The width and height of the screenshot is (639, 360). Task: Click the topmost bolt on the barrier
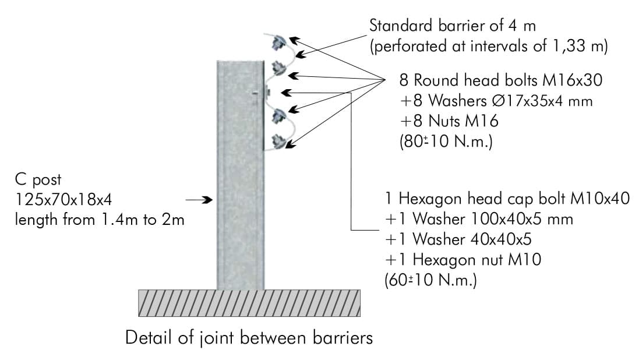tap(279, 43)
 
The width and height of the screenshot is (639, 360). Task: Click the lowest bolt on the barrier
tap(279, 142)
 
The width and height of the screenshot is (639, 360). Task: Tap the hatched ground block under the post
tap(249, 303)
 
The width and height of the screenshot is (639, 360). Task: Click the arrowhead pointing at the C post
tap(208, 200)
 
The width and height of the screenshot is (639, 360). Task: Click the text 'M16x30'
tap(572, 80)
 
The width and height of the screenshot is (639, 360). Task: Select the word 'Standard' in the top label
tap(401, 26)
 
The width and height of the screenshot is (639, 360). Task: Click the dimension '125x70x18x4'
tap(63, 200)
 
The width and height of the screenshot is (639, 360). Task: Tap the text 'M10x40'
tap(600, 199)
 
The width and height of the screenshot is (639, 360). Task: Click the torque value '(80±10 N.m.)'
tap(446, 142)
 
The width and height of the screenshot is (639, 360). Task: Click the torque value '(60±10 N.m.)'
tap(430, 280)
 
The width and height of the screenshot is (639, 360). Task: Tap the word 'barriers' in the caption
tap(343, 338)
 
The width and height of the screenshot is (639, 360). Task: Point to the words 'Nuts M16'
tap(463, 121)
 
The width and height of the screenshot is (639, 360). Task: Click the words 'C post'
tap(38, 180)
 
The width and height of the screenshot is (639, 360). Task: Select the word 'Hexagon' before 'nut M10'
tap(442, 260)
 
